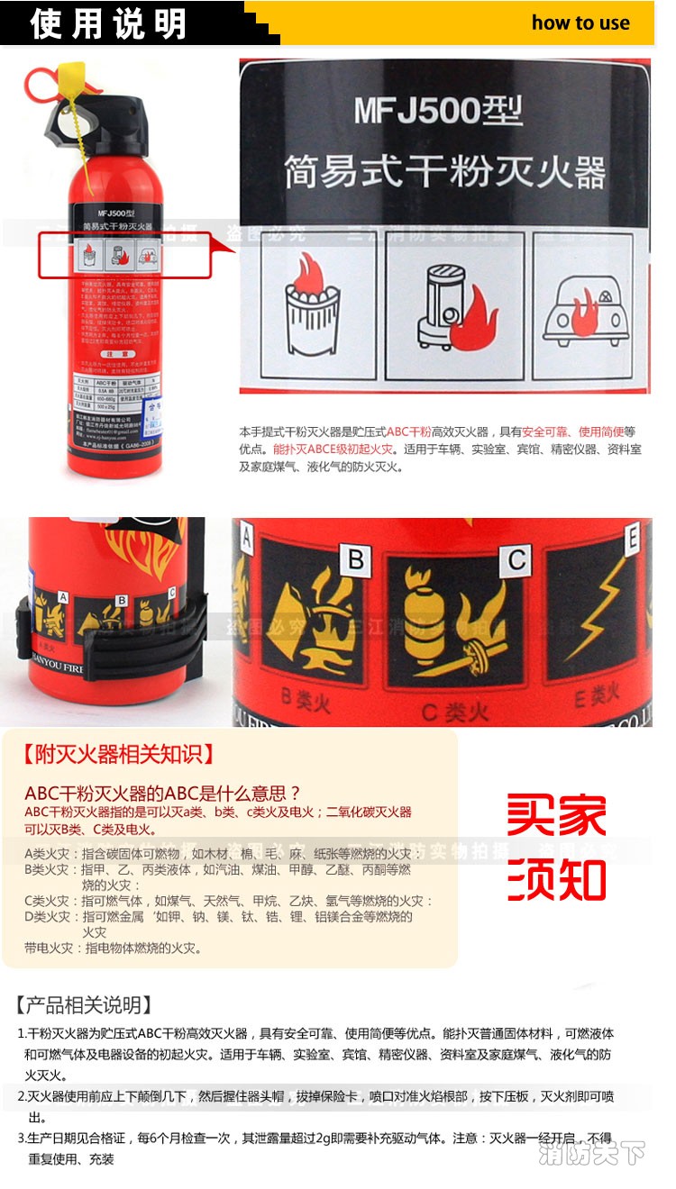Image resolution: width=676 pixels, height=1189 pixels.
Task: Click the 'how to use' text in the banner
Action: pyautogui.click(x=580, y=23)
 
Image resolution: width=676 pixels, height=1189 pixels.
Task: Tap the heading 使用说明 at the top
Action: pyautogui.click(x=107, y=23)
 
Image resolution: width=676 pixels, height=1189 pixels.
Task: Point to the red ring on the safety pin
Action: pyautogui.click(x=40, y=86)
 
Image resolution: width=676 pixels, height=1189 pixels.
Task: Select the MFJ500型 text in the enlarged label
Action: pyautogui.click(x=438, y=112)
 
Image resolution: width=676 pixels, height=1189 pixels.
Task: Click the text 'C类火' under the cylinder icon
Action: pyautogui.click(x=455, y=712)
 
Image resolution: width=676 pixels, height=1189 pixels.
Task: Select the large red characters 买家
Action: pyautogui.click(x=556, y=815)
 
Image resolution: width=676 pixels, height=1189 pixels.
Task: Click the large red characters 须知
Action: pyautogui.click(x=556, y=879)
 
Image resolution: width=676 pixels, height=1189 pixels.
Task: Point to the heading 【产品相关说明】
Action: pyautogui.click(x=87, y=1005)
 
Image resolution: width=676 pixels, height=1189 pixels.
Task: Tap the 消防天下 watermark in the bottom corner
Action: pyautogui.click(x=592, y=1152)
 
